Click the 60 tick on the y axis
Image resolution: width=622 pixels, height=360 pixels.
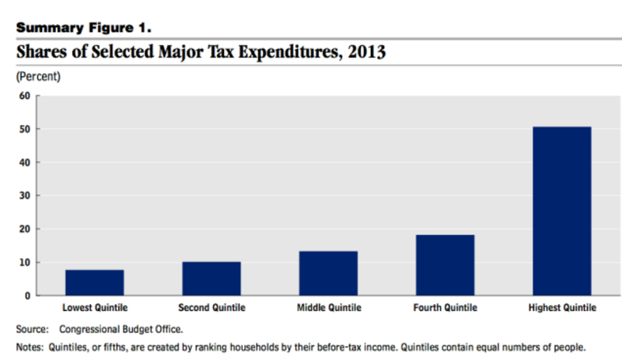pyautogui.click(x=24, y=96)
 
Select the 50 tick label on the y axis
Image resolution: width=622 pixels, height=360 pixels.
pyautogui.click(x=24, y=129)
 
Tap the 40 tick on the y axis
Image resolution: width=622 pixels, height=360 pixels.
pyautogui.click(x=24, y=163)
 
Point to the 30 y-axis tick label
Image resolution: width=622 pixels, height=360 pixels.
pyautogui.click(x=24, y=196)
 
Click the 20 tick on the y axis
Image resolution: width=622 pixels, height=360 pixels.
pyautogui.click(x=24, y=229)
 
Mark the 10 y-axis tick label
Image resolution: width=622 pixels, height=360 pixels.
pyautogui.click(x=24, y=263)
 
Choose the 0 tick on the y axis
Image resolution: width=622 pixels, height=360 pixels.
pyautogui.click(x=26, y=296)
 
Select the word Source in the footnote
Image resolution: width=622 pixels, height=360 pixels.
pyautogui.click(x=32, y=329)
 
